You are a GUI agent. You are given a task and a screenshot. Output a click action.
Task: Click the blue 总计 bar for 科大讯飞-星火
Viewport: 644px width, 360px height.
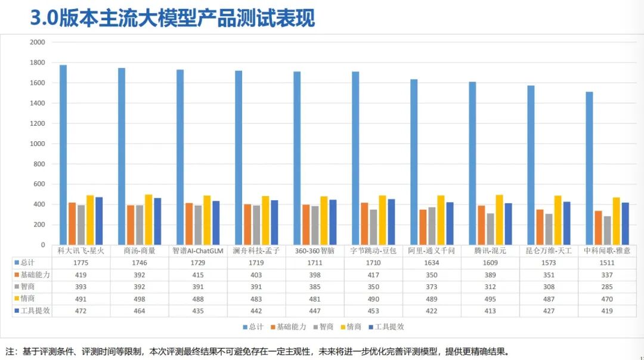click(x=63, y=155)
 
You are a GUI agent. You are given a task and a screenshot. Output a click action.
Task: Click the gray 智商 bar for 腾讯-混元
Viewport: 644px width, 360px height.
click(x=490, y=229)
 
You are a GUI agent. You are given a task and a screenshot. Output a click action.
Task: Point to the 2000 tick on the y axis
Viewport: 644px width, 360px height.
click(x=37, y=42)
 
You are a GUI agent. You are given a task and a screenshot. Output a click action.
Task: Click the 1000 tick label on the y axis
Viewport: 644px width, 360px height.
click(x=37, y=144)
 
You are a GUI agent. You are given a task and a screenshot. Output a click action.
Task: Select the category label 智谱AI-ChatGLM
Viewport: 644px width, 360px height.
click(x=197, y=251)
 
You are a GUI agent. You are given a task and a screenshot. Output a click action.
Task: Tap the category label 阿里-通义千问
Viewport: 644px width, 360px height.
click(x=431, y=251)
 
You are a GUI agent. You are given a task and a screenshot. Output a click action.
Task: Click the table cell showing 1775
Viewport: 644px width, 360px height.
click(x=81, y=262)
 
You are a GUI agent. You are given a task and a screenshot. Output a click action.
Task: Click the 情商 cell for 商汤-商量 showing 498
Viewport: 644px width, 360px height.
click(x=140, y=299)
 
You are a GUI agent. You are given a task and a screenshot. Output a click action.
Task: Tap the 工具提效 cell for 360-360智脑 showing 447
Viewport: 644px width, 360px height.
click(x=314, y=311)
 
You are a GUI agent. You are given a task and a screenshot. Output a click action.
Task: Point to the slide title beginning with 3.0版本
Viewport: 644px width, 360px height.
click(x=172, y=18)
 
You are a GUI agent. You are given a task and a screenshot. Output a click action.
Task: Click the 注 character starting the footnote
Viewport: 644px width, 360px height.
click(x=9, y=352)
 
